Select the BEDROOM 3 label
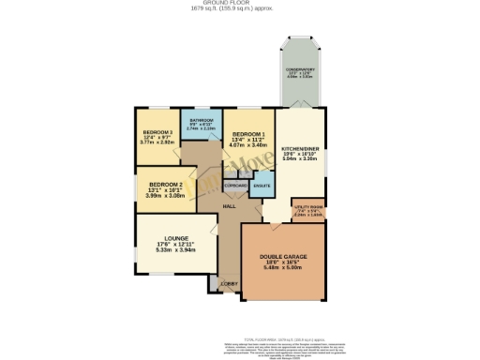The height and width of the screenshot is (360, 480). coord(158,132)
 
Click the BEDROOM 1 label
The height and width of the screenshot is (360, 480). coord(249,134)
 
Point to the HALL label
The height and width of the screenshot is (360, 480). coord(228,206)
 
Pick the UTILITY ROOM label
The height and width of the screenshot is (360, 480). coord(308,206)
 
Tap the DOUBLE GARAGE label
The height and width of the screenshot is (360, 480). coord(284,255)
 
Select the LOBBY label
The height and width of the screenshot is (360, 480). coord(228,283)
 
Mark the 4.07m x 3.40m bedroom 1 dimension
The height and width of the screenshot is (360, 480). coord(249,146)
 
